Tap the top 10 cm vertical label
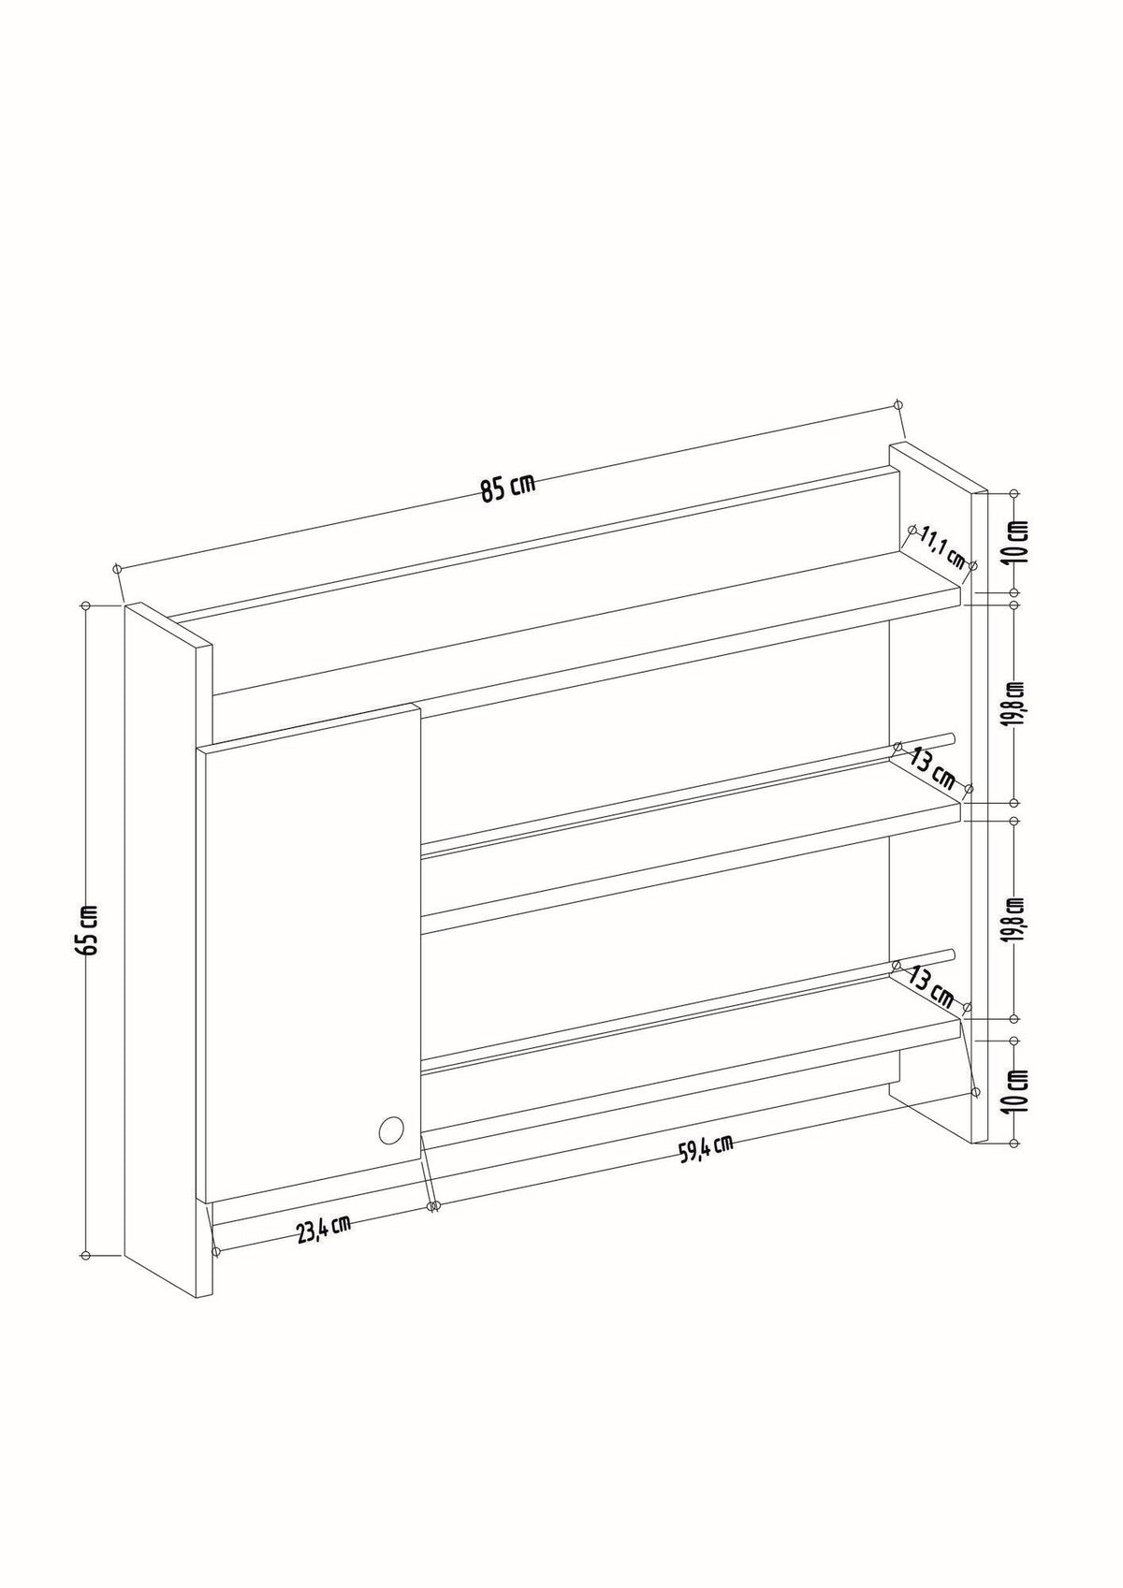pyautogui.click(x=1019, y=541)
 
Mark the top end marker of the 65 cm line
pyautogui.click(x=86, y=605)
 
